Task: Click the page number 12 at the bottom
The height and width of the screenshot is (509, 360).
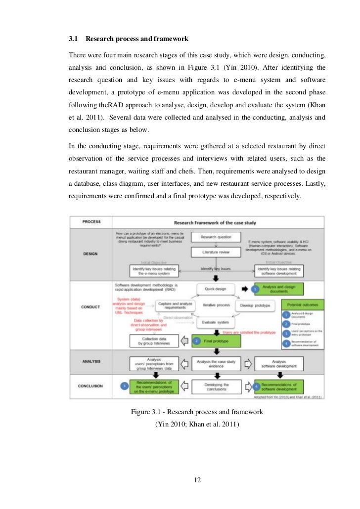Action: point(197,480)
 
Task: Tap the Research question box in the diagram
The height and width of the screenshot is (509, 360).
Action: point(215,237)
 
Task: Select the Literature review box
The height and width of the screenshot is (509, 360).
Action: point(215,252)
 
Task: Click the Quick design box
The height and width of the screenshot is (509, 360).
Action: point(215,288)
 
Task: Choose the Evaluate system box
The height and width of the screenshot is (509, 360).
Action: point(215,323)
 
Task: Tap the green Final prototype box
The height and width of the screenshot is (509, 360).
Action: point(215,340)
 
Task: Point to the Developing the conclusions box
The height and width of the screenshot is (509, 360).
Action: point(216,386)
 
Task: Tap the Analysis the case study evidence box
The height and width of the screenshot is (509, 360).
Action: point(215,363)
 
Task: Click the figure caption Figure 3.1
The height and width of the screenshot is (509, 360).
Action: point(196,412)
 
